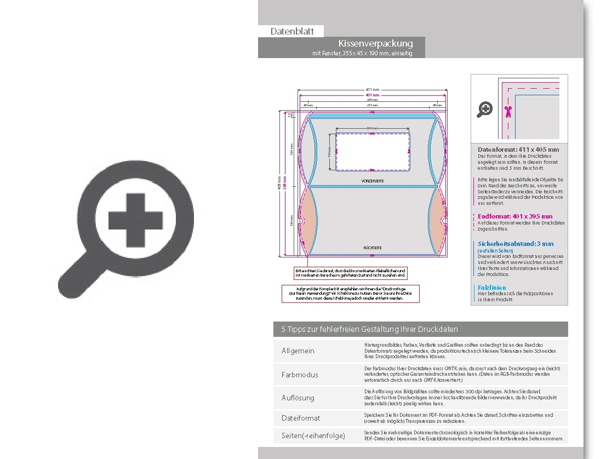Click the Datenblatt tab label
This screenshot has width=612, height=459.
coord(292,31)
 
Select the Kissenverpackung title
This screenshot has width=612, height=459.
coord(375,43)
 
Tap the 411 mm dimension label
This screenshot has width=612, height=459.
coord(372,89)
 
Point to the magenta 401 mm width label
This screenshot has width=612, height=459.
coord(372,95)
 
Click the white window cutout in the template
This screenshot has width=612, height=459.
coord(372,151)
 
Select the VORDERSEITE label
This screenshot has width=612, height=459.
coord(372,180)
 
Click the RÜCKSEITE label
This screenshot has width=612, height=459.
coord(372,248)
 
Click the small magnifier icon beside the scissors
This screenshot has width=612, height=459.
coord(484,110)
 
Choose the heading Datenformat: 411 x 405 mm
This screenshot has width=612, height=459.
coord(518,150)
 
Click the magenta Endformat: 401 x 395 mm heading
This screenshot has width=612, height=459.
coord(515,216)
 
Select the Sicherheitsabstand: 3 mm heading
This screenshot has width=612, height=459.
coord(516,244)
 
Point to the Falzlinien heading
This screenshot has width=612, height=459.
coord(492,288)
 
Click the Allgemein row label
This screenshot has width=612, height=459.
coord(298,351)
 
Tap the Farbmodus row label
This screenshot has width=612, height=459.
coord(300,375)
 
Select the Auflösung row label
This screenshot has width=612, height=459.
coord(298,398)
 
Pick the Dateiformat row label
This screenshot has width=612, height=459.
coord(301,418)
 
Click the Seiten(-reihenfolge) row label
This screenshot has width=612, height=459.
coord(313,436)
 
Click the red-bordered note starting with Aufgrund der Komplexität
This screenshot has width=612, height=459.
coord(350,293)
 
